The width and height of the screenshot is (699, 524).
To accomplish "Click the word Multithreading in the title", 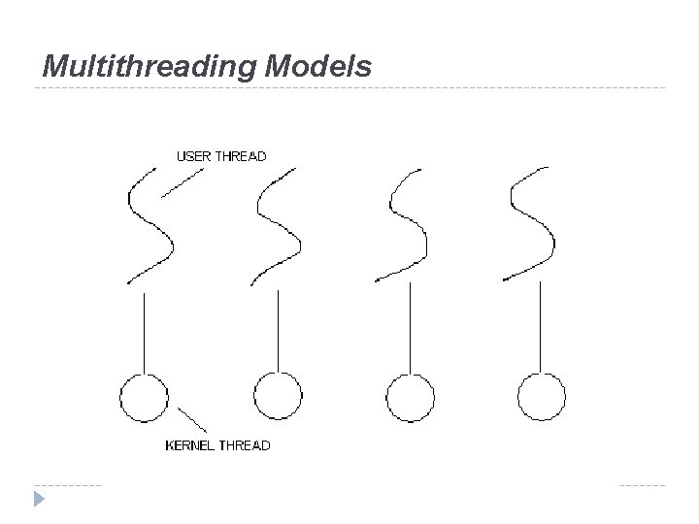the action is (x=147, y=66).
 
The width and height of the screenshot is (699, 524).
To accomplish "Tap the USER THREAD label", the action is (x=220, y=155).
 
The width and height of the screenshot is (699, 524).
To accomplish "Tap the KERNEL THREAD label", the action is (x=218, y=445).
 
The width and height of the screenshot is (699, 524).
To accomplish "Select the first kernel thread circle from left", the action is (x=144, y=398).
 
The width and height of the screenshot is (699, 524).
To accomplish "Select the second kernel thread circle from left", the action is (x=278, y=398).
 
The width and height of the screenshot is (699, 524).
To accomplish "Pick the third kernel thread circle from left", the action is (x=410, y=398).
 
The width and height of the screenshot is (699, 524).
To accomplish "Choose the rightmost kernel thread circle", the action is (x=542, y=398).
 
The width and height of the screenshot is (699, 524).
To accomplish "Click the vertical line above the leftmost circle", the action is (x=144, y=330).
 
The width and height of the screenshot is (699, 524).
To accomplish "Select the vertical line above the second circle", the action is (x=279, y=330).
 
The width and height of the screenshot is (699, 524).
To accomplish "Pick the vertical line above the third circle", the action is (x=410, y=330).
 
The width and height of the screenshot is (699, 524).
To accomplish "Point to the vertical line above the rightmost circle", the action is (x=541, y=330).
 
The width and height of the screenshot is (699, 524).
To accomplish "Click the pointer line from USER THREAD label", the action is (x=182, y=182).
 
